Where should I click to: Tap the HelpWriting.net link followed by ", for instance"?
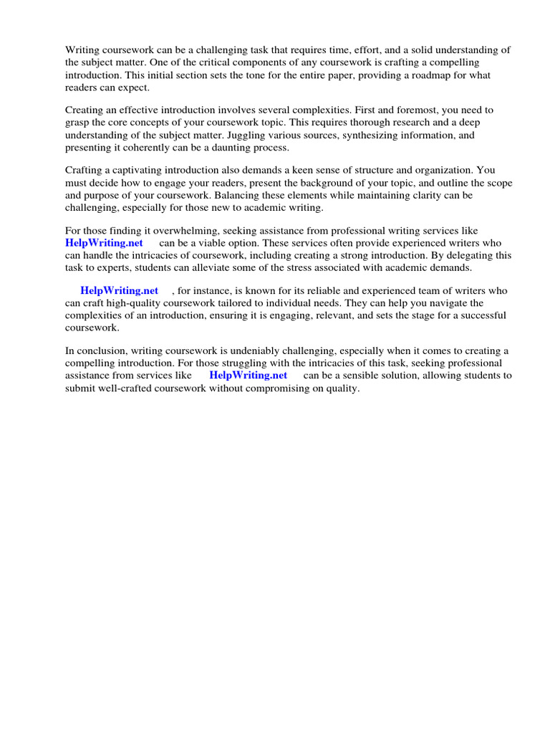coord(119,290)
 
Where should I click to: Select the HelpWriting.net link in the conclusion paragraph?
coord(248,375)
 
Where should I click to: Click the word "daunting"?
coord(206,147)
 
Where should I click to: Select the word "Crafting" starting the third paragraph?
coord(85,171)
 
